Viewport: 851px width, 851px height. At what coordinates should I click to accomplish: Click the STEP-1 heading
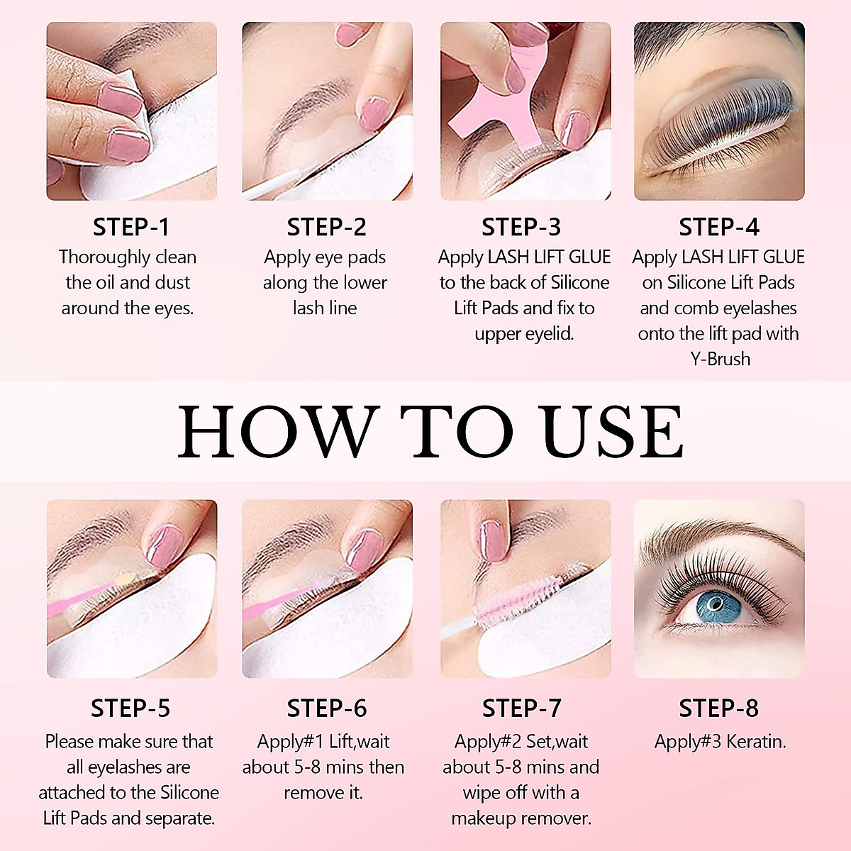tap(131, 227)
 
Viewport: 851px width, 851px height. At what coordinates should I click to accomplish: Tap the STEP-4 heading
tap(718, 227)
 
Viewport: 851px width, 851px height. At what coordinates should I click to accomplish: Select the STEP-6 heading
tap(327, 708)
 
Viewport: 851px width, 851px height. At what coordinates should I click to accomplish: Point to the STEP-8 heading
tap(718, 708)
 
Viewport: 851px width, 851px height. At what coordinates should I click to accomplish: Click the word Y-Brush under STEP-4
tap(720, 359)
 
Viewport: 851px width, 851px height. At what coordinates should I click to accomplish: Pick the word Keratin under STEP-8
tap(755, 742)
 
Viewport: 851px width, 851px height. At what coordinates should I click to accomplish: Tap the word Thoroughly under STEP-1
tap(104, 257)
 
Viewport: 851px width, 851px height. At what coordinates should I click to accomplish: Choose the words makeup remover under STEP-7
tap(521, 818)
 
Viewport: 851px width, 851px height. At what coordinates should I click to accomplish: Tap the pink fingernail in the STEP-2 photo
tap(370, 113)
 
